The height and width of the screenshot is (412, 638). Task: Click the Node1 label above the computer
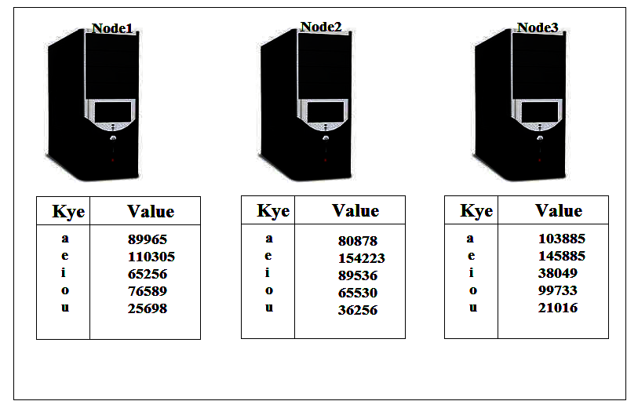point(112,28)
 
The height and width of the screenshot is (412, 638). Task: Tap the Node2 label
point(321,27)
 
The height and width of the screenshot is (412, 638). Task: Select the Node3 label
point(538,27)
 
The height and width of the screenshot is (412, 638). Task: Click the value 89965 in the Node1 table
point(148,239)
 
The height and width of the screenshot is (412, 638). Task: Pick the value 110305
point(151,257)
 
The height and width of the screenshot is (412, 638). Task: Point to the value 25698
point(148,308)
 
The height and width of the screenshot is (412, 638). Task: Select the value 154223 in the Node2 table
point(361,258)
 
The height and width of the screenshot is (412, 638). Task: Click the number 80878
point(358,241)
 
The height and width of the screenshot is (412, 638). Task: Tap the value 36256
point(358,310)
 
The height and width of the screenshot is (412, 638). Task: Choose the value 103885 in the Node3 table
point(562,239)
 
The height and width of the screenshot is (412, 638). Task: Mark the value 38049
point(557,273)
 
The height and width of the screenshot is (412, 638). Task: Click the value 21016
point(557,308)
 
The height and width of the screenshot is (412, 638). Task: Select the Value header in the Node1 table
point(151,211)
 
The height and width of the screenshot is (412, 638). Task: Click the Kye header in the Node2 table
point(273,211)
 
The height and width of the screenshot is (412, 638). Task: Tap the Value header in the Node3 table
point(559,210)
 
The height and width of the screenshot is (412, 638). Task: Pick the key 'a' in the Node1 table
point(65,239)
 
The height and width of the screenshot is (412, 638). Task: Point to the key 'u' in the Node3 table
point(472,307)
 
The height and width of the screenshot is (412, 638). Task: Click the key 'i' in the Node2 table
point(268,272)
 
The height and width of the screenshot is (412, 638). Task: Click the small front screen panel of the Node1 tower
point(113,111)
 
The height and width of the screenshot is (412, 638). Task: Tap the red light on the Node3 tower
point(540,160)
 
